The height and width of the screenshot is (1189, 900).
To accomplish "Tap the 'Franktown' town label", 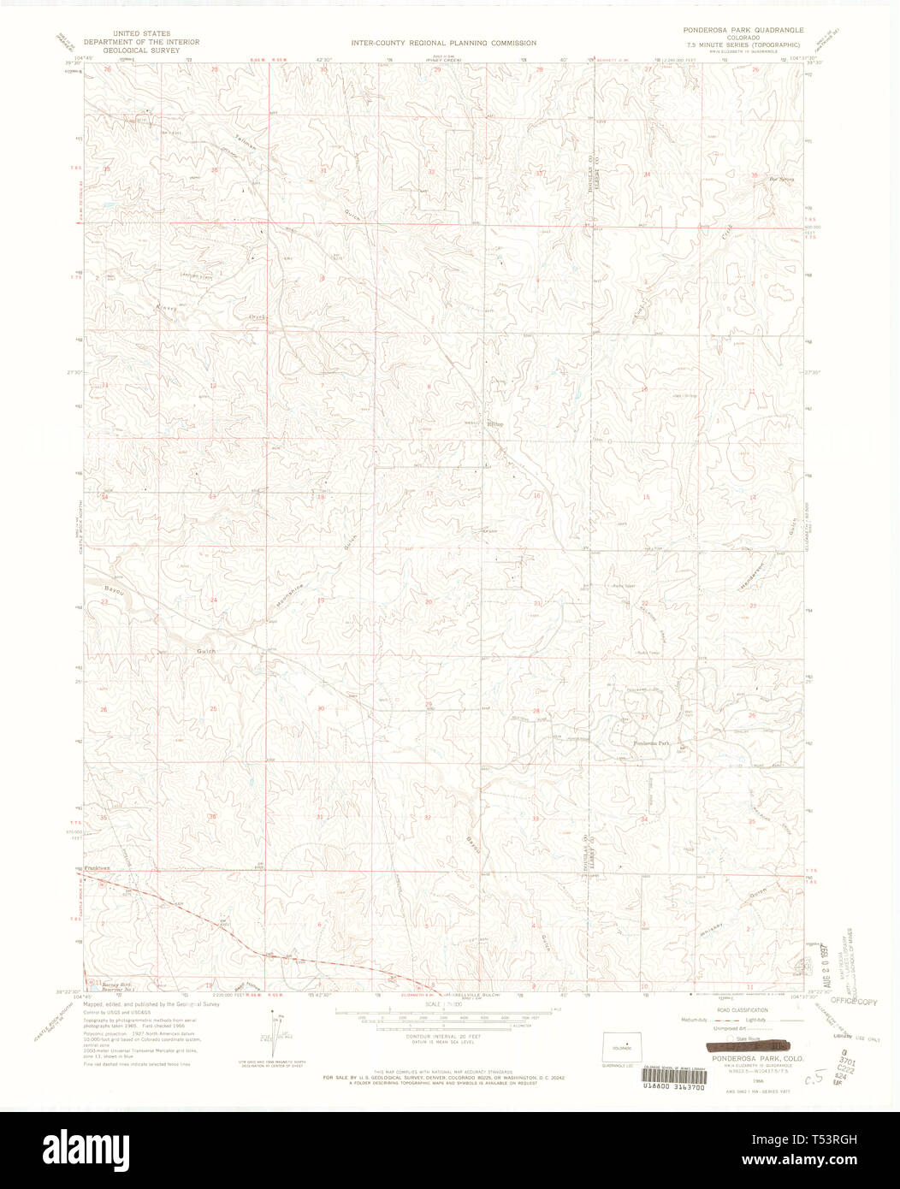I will (x=99, y=868).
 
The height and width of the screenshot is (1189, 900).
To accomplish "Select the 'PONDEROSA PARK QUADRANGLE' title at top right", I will (x=743, y=29).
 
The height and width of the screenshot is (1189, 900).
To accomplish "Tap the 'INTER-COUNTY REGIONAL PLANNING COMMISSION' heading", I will (x=443, y=42).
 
